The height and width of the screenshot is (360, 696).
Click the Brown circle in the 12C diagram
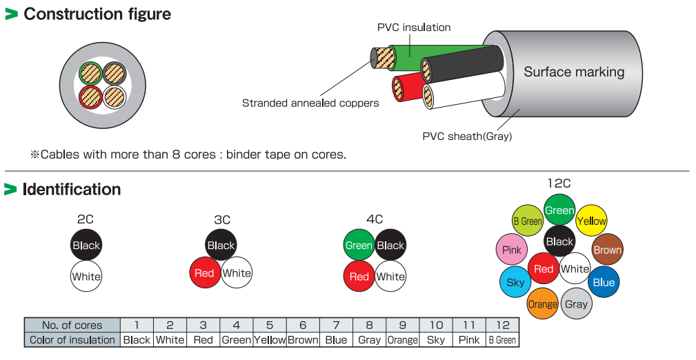(607, 250)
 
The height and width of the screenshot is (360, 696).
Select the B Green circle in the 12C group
(528, 221)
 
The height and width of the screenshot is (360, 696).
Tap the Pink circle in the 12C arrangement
(512, 250)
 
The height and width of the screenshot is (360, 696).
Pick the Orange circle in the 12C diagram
(542, 304)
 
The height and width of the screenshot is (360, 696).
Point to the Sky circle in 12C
(515, 281)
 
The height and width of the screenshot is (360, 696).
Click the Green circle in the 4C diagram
(359, 245)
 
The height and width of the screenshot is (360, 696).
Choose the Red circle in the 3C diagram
(204, 273)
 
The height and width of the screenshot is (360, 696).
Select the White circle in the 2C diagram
(86, 277)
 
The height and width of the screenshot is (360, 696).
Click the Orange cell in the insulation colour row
(402, 339)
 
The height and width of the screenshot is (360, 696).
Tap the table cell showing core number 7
(336, 325)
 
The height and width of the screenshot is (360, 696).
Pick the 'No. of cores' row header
(72, 325)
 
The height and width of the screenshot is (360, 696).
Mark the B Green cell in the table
(501, 339)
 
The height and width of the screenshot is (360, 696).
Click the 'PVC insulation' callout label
(413, 28)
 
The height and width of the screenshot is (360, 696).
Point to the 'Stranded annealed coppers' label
(310, 103)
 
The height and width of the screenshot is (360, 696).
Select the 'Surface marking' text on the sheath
(573, 72)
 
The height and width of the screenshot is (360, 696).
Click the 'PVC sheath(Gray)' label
(467, 136)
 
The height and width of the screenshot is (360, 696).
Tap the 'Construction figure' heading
(97, 14)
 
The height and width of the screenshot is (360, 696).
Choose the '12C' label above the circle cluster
(559, 183)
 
